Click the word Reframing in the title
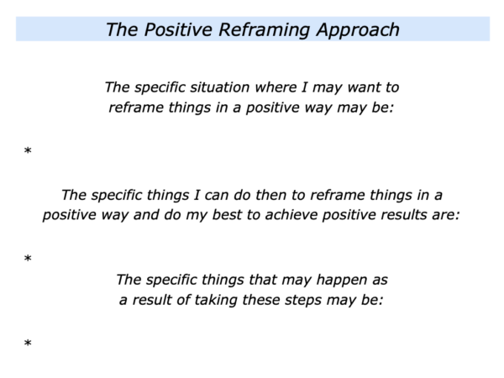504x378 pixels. click(265, 30)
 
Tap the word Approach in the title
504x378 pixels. click(358, 31)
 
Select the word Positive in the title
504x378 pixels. click(179, 29)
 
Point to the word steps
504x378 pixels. click(303, 301)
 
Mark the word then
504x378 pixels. click(271, 195)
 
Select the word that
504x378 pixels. click(263, 280)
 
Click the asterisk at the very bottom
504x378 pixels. click(28, 343)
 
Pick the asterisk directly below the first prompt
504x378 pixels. click(28, 150)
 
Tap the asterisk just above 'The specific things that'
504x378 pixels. click(28, 258)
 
